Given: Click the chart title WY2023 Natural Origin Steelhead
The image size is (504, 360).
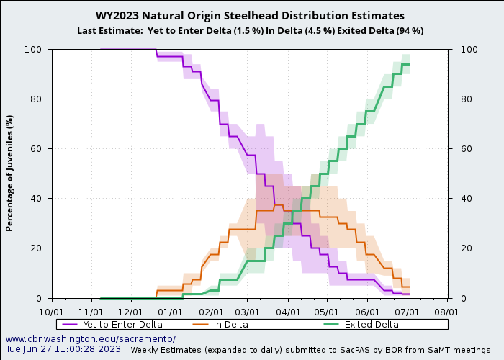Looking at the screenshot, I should (250, 16).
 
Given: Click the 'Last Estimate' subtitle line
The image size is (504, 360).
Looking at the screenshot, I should (250, 30).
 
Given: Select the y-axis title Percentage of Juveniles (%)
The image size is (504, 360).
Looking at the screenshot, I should (10, 173).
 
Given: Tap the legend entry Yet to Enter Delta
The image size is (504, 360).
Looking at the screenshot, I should (122, 325).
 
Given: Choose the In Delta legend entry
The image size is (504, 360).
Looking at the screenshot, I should (230, 325).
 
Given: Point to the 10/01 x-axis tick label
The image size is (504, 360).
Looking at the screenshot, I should (50, 312).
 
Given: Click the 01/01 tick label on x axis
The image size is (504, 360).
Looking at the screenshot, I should (169, 312).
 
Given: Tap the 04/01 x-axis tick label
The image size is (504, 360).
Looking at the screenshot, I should (288, 312).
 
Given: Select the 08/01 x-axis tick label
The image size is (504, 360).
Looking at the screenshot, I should (447, 312).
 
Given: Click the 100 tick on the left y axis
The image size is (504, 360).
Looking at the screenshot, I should (35, 49).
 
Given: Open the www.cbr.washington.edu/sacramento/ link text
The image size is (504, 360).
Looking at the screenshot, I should (91, 338).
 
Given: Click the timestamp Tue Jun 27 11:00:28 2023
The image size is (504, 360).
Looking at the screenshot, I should (63, 349).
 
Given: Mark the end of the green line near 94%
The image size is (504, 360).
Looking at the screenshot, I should (409, 64).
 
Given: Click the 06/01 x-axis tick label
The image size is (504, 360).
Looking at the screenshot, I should (368, 312).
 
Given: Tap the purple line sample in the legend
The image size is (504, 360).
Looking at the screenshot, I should (71, 325).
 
